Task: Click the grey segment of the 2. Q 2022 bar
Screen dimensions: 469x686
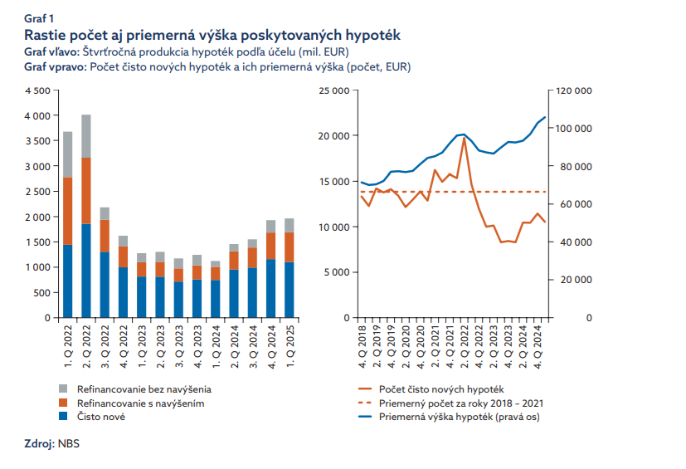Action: click(86, 136)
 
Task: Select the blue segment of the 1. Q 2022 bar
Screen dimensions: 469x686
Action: click(68, 281)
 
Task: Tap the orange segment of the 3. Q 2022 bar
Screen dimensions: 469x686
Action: click(105, 236)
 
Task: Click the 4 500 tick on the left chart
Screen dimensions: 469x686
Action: click(38, 90)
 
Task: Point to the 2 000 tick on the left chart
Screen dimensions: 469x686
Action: click(38, 217)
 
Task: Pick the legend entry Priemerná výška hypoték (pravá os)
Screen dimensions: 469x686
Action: click(459, 417)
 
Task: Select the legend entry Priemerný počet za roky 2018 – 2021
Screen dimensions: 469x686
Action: click(461, 403)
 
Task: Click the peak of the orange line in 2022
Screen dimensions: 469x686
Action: click(464, 138)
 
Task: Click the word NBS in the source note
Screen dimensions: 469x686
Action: click(67, 445)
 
